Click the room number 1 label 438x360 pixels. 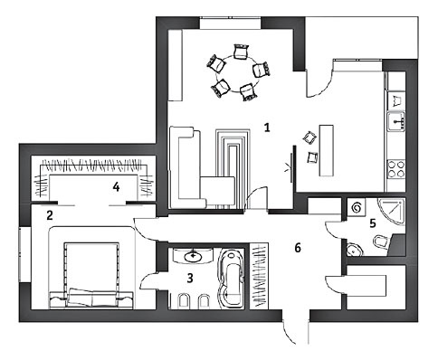tap(267, 128)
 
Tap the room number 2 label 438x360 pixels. tap(50, 215)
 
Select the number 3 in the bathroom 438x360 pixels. tap(190, 278)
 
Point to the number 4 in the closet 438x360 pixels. tap(116, 187)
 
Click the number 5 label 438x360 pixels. tap(373, 223)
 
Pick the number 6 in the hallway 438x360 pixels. tap(298, 248)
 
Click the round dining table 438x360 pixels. tap(240, 73)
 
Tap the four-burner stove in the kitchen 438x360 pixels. tap(396, 169)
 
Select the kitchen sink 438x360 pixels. tap(396, 121)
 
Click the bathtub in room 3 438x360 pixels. tap(230, 279)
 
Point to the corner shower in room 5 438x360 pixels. tap(392, 211)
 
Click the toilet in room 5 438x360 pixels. tap(381, 242)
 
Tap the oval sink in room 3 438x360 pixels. tap(193, 257)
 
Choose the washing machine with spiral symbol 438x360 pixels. tap(357, 207)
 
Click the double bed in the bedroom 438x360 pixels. tap(91, 274)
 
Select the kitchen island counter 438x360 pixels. tap(327, 150)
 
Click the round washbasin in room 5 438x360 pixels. tap(354, 250)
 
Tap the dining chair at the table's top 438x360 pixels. tap(242, 52)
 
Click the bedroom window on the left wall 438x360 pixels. tap(24, 254)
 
